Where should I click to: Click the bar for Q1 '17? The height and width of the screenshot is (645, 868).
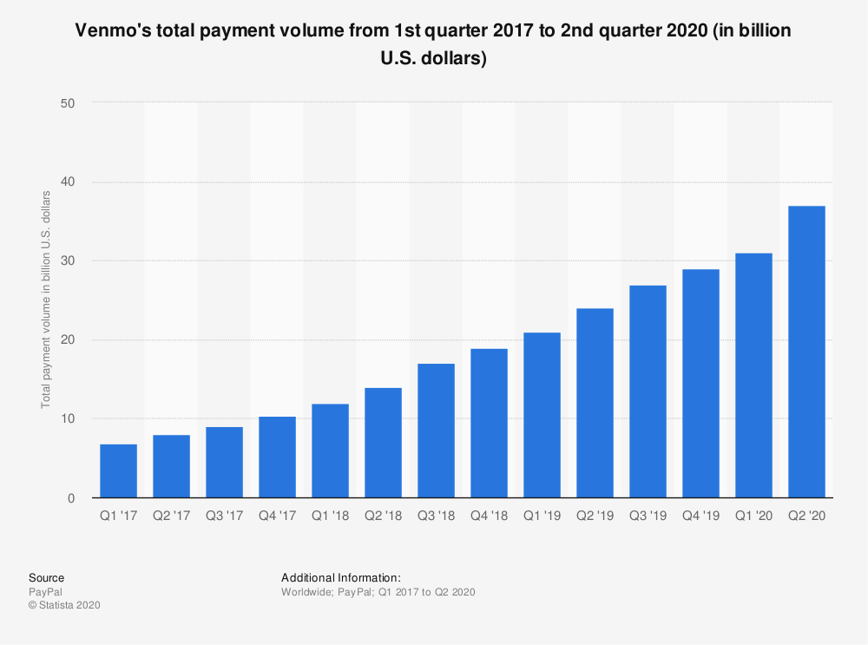[118, 471]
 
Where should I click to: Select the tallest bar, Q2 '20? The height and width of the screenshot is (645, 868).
[806, 352]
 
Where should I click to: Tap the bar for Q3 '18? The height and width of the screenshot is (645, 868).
[436, 431]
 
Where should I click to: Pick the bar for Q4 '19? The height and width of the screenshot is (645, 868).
[700, 384]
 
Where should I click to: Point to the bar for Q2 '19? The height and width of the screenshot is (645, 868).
[595, 403]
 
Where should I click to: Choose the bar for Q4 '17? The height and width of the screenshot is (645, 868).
[277, 457]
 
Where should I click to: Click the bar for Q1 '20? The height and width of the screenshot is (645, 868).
[753, 375]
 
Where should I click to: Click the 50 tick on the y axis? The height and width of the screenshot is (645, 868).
[68, 103]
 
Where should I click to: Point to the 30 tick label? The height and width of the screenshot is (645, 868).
[68, 261]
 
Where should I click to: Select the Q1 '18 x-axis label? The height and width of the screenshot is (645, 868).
[330, 517]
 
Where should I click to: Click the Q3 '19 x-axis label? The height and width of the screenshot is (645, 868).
[648, 517]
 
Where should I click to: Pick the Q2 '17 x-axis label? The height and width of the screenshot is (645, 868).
[171, 517]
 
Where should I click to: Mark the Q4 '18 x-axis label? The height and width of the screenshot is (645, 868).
[489, 517]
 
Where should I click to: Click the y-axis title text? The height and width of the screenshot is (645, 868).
[46, 300]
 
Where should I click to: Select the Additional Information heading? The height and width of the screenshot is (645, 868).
[341, 577]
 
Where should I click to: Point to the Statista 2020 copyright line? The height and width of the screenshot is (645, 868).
[65, 605]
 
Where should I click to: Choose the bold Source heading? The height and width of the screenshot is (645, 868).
[46, 577]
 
